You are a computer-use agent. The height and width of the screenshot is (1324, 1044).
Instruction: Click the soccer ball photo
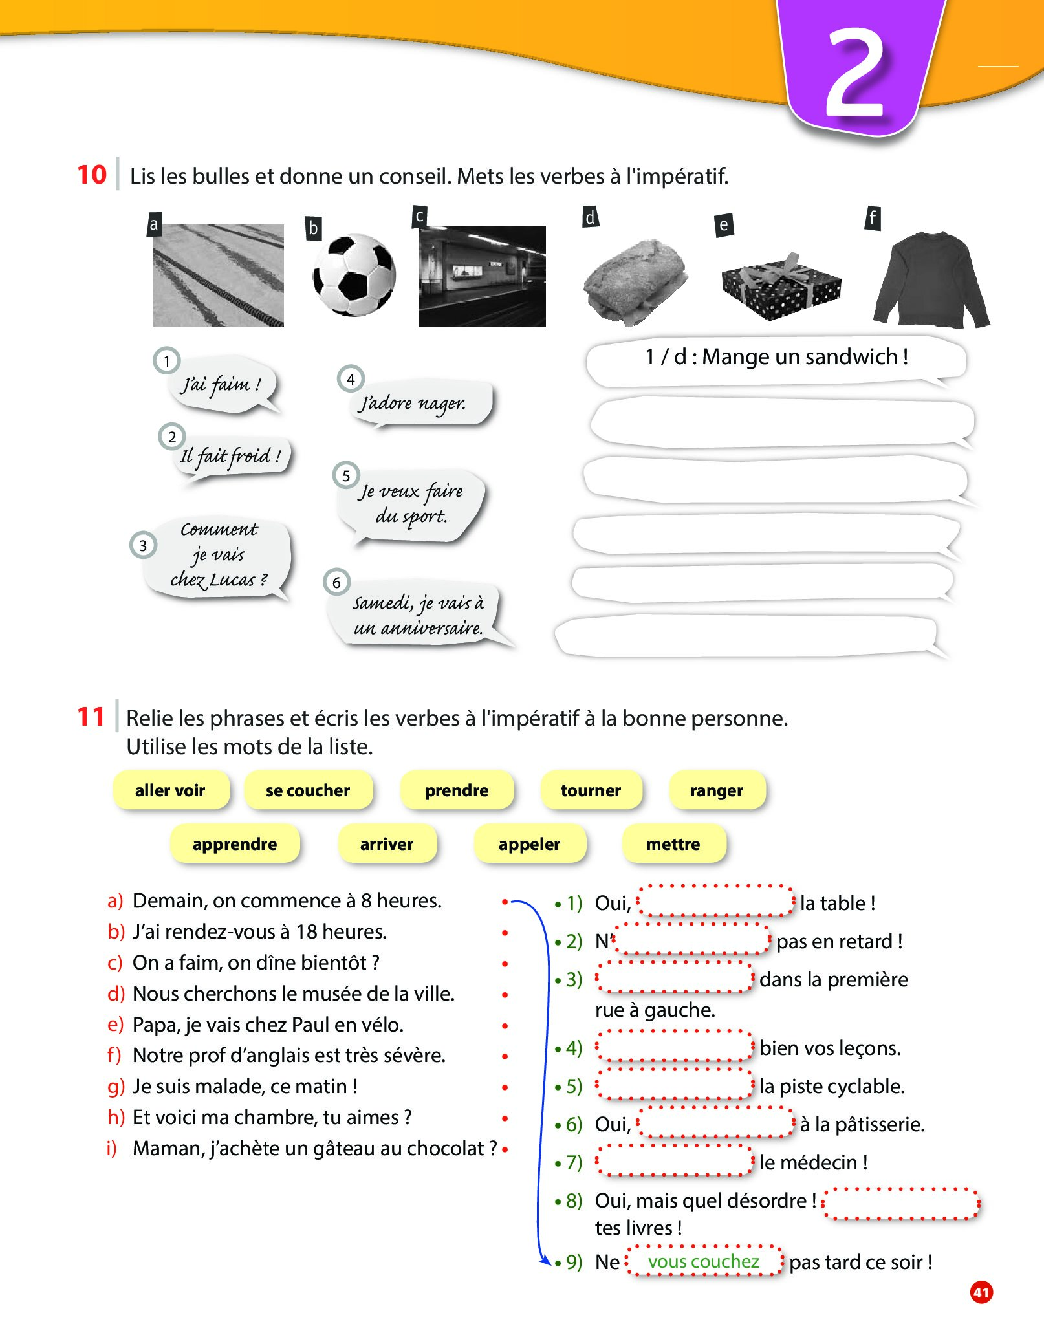[354, 275]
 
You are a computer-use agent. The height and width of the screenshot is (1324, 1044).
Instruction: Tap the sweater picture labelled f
[931, 280]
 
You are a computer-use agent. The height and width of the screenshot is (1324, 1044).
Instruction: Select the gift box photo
[781, 287]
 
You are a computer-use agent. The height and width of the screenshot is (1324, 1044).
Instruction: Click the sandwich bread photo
[635, 281]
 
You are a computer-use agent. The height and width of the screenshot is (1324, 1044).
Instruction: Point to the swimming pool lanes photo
[218, 276]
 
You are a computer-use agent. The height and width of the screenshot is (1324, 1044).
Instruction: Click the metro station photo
[482, 276]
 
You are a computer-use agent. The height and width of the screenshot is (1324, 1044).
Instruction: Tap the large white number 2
[855, 73]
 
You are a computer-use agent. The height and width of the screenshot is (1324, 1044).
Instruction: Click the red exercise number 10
[91, 175]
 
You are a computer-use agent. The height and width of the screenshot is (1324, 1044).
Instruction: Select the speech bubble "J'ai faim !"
[222, 385]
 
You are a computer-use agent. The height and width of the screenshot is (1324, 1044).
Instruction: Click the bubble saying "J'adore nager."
[414, 404]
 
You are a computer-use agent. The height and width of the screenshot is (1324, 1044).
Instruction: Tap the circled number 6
[336, 582]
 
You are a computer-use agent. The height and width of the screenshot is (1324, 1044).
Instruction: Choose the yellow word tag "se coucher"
[308, 790]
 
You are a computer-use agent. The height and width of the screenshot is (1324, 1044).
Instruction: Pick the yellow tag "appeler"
[529, 844]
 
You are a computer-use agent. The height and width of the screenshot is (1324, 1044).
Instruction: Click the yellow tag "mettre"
[673, 844]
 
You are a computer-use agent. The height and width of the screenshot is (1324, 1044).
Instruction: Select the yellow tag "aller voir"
[170, 790]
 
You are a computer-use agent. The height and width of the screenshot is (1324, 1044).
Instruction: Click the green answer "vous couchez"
[703, 1261]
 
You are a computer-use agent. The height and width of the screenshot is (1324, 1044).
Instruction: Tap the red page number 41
[981, 1292]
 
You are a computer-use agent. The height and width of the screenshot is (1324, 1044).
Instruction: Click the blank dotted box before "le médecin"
[675, 1162]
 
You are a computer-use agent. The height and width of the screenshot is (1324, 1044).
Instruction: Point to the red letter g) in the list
[116, 1087]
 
